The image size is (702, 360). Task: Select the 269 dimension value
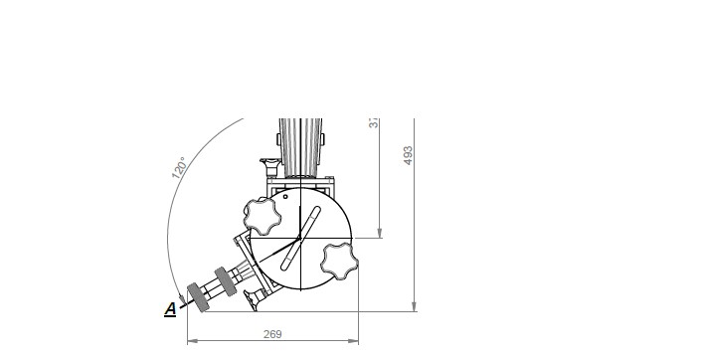tap(271, 335)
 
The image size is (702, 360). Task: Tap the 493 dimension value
tap(408, 155)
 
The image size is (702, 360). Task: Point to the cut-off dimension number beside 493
tap(374, 122)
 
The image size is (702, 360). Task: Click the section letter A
tap(170, 309)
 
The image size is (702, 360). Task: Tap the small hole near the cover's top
tap(285, 197)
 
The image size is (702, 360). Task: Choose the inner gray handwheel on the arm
tap(225, 279)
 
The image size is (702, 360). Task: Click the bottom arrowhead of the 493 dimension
tap(414, 307)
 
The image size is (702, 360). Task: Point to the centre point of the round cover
tap(300, 239)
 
